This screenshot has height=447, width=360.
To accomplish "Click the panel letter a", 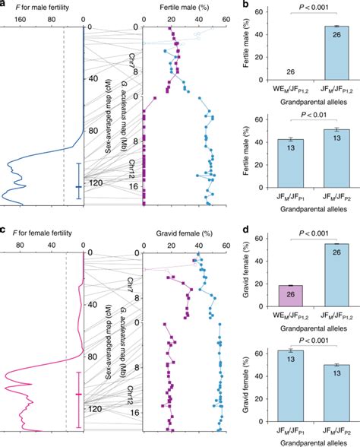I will (x=4, y=5).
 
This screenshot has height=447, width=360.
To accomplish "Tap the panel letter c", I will (x=4, y=230).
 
